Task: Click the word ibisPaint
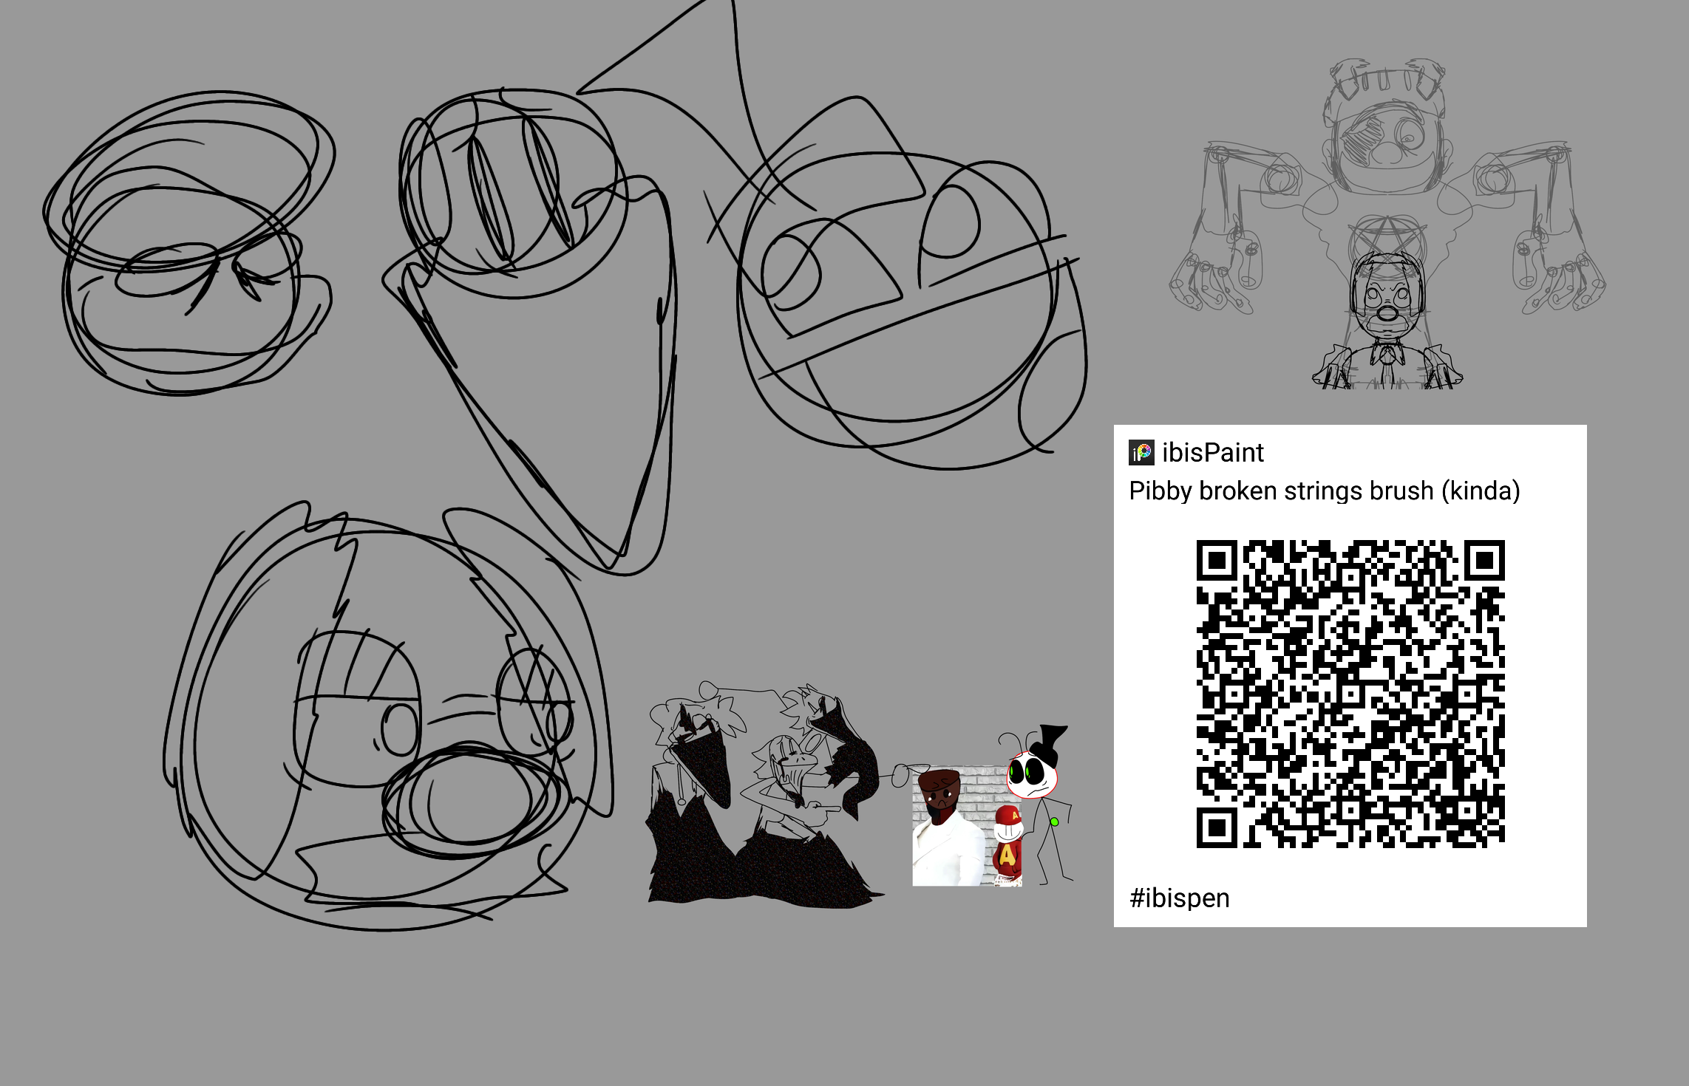point(1212,453)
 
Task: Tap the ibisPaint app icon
point(1141,453)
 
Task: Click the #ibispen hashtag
point(1180,898)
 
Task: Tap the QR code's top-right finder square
point(1484,561)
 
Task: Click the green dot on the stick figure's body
point(1055,822)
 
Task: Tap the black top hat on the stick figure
point(1048,743)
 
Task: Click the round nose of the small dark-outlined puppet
point(1387,313)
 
